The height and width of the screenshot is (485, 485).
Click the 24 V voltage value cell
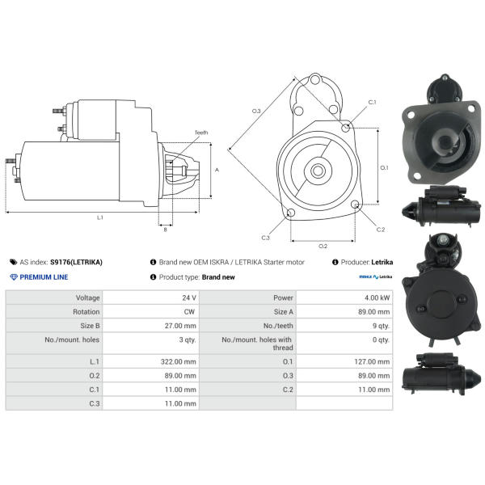pos(189,297)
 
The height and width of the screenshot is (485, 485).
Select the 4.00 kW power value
pos(377,297)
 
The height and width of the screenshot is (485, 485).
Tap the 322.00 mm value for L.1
pos(179,361)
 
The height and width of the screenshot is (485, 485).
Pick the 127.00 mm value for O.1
pos(372,361)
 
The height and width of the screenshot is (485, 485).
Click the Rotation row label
pos(86,312)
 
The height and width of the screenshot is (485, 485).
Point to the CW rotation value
pos(189,312)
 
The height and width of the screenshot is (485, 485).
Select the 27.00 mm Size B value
pos(180,326)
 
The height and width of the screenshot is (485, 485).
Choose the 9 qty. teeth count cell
pos(381,326)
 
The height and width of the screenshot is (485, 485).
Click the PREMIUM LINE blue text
pos(44,277)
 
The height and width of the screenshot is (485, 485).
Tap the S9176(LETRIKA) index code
pos(76,262)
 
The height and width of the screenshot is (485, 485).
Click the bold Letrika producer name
pos(382,262)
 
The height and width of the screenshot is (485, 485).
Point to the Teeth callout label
pos(201,133)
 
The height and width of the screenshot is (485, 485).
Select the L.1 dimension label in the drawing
pos(100,217)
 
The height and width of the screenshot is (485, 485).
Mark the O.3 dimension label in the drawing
pos(256,111)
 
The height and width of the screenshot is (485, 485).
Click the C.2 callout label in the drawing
pos(381,230)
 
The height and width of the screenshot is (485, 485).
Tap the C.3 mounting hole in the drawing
pos(291,213)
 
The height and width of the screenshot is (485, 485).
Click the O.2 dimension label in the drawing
pos(323,247)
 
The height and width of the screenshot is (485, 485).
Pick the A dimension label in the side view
pos(217,170)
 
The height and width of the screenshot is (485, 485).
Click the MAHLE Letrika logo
pos(376,276)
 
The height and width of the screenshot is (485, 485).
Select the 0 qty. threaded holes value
pos(381,339)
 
